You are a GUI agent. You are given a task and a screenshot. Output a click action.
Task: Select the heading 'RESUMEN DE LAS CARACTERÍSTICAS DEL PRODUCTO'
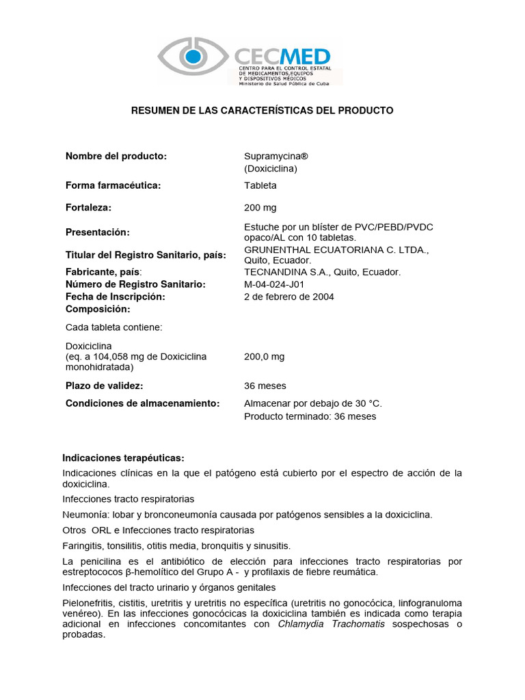pyautogui.click(x=262, y=110)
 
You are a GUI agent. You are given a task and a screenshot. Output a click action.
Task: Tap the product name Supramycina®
pyautogui.click(x=271, y=157)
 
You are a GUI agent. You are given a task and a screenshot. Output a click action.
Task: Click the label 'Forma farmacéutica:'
pyautogui.click(x=113, y=185)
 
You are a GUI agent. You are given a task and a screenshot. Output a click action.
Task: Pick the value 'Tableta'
pyautogui.click(x=260, y=185)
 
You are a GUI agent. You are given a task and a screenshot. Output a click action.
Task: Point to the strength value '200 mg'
pyautogui.click(x=260, y=208)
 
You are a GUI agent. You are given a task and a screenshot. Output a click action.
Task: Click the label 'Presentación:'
pyautogui.click(x=98, y=232)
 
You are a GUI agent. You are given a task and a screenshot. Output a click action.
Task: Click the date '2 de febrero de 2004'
pyautogui.click(x=289, y=297)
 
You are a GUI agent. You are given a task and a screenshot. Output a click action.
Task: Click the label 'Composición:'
pyautogui.click(x=97, y=309)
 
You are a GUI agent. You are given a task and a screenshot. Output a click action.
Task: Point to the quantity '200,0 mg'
pyautogui.click(x=265, y=357)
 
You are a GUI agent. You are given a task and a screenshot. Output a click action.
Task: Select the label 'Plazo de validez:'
pyautogui.click(x=105, y=386)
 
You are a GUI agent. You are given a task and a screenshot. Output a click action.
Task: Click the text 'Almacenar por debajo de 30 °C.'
pyautogui.click(x=313, y=403)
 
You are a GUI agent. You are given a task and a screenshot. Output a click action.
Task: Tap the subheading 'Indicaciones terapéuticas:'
pyautogui.click(x=123, y=457)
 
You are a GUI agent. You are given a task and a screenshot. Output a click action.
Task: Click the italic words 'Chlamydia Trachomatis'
pyautogui.click(x=331, y=623)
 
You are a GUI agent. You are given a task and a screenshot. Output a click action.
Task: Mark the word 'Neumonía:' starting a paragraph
pyautogui.click(x=84, y=514)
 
